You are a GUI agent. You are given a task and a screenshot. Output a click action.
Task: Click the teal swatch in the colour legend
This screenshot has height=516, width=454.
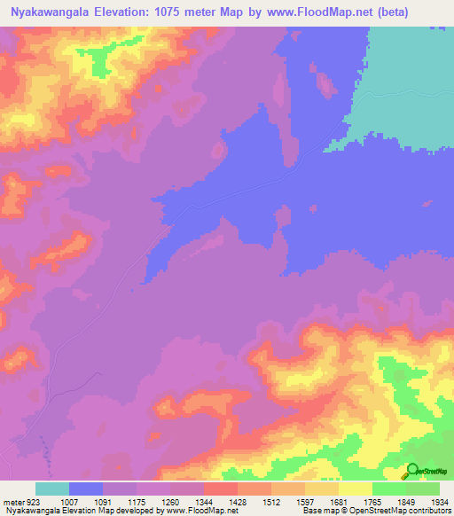click(52, 489)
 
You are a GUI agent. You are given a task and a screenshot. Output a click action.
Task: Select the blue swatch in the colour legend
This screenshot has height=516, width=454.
click(86, 489)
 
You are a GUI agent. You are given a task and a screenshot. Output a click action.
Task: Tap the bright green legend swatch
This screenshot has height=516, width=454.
click(388, 489)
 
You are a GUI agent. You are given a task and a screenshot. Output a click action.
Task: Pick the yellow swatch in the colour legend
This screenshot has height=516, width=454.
click(355, 489)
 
